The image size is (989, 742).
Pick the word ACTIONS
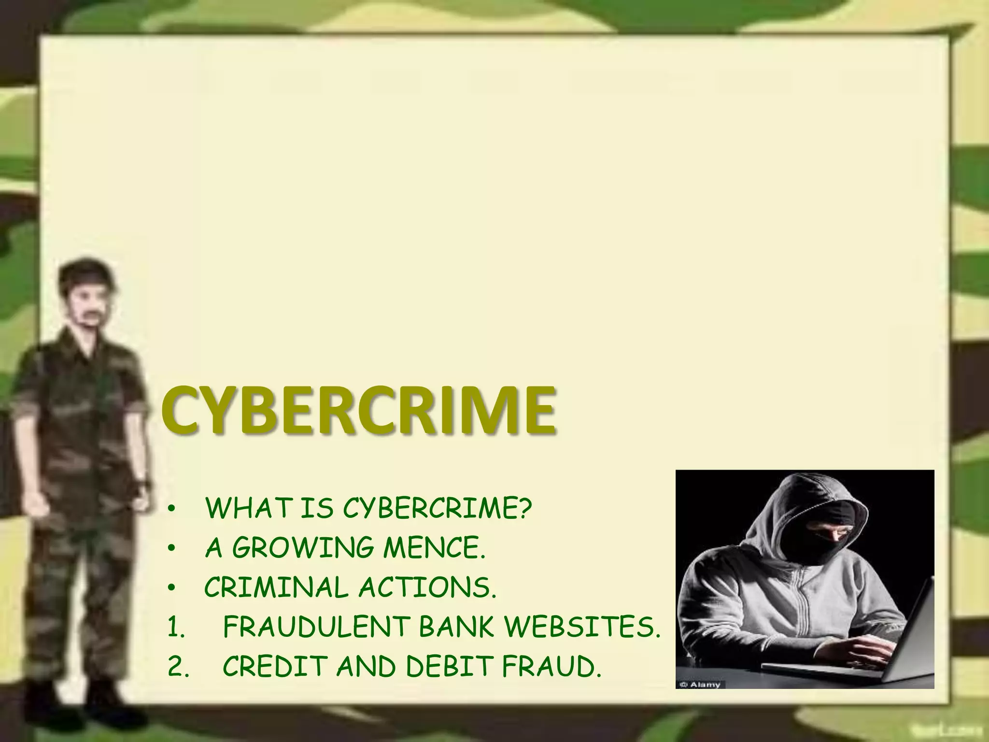pos(427,588)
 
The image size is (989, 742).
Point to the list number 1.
pos(175,628)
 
